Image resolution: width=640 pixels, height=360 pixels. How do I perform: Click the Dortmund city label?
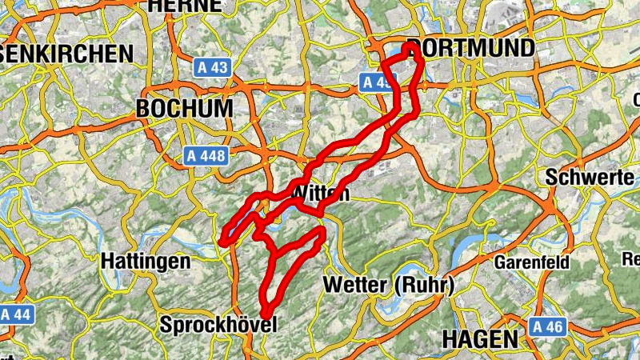coord(470,48)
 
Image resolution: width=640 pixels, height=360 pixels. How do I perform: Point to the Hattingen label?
coord(146,262)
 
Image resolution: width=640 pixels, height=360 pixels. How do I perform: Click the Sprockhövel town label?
coord(218,325)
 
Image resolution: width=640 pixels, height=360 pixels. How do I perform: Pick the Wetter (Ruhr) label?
coord(388,285)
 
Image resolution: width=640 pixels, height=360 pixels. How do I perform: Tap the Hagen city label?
coord(479,338)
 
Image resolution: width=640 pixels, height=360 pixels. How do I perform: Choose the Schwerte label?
coord(590,178)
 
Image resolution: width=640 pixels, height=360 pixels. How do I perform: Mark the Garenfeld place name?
coord(532,262)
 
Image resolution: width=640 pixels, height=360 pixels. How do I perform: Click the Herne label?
coord(186,6)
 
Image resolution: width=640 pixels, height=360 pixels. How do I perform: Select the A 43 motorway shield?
coord(212,68)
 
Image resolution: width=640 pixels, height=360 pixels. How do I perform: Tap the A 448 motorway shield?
coord(205,155)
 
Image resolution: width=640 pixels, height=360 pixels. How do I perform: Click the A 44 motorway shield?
coord(16,314)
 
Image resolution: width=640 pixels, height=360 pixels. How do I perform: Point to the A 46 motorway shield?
coord(547,326)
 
